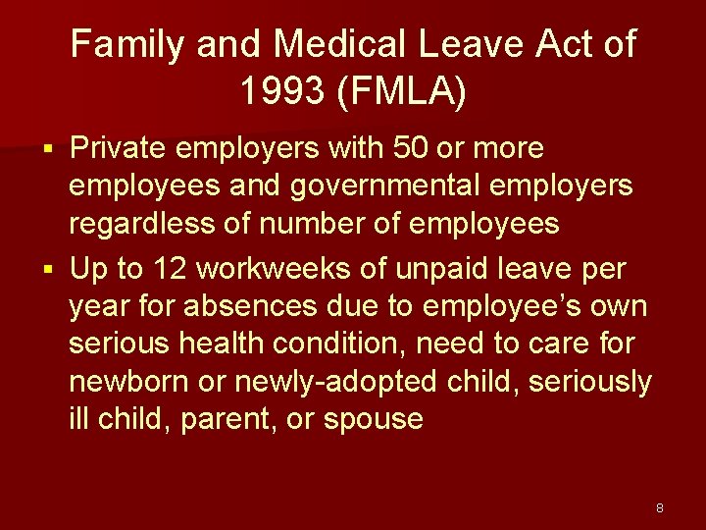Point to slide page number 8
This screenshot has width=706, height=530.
click(660, 508)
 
